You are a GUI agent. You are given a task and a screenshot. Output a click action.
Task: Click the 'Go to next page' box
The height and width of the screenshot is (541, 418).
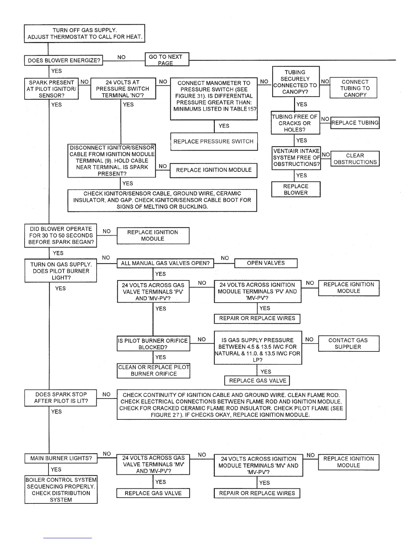click(167, 59)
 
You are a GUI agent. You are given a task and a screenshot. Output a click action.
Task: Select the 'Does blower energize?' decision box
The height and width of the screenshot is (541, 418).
click(64, 61)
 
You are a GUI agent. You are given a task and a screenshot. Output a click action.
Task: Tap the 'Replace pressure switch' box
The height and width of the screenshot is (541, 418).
click(213, 141)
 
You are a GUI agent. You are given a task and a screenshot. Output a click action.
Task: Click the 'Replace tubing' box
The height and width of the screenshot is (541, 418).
click(355, 123)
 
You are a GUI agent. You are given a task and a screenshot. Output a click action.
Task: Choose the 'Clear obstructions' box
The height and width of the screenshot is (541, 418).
click(355, 159)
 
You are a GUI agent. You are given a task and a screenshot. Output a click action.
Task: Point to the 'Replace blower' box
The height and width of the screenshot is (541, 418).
click(296, 190)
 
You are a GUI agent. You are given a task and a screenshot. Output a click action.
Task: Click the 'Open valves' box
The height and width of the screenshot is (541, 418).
click(266, 263)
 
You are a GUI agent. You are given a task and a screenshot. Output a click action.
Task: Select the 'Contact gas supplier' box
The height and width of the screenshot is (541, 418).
click(348, 344)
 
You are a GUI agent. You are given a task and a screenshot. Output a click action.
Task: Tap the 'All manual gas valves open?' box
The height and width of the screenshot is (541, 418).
click(165, 263)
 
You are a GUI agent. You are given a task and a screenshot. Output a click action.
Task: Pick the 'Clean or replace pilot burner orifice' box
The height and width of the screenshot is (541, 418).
click(153, 371)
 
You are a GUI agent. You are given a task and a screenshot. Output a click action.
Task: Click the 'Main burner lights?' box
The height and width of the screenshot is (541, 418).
click(61, 458)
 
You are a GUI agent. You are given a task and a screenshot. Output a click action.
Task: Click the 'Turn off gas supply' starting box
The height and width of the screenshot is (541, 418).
click(85, 33)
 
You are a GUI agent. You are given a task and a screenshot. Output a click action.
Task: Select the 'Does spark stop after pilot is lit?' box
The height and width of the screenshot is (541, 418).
click(61, 398)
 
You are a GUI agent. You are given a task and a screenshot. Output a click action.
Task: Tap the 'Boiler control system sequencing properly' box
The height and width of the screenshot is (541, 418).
click(61, 490)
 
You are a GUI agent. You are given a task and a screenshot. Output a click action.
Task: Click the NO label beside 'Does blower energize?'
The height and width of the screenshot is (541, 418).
click(121, 57)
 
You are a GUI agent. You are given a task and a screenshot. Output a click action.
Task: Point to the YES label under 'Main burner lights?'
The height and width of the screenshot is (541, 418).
click(56, 470)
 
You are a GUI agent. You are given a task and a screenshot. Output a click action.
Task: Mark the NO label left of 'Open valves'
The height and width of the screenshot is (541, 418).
click(225, 258)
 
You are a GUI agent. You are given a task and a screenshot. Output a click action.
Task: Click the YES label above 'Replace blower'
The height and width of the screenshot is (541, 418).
click(302, 176)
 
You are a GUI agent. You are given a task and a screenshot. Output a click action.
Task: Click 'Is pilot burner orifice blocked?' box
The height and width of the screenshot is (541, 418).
click(153, 344)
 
